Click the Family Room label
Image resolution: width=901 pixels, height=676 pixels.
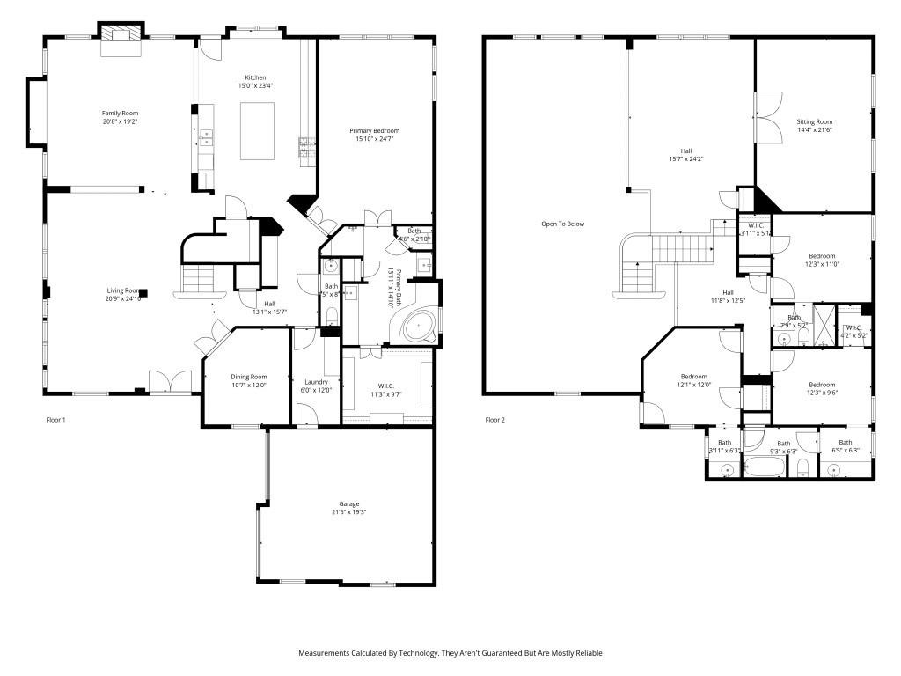(x=120, y=113)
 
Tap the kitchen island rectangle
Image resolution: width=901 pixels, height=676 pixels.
(x=257, y=131)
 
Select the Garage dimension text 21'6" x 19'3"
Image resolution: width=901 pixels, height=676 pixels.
(x=348, y=512)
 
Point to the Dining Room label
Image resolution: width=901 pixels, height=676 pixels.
(x=248, y=377)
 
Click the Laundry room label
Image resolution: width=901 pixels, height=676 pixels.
(x=316, y=382)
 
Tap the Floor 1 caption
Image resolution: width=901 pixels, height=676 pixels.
(x=55, y=420)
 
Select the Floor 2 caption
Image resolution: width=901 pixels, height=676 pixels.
(x=495, y=420)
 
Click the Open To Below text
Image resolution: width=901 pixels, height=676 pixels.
(x=562, y=224)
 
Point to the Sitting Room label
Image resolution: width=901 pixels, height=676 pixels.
(x=814, y=121)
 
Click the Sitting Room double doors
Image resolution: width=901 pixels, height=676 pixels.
(x=768, y=117)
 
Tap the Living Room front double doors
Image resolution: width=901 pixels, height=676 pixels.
(x=169, y=382)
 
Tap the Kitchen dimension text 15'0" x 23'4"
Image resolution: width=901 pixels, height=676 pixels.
(x=256, y=86)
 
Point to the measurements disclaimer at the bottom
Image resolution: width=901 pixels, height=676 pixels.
(x=450, y=653)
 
